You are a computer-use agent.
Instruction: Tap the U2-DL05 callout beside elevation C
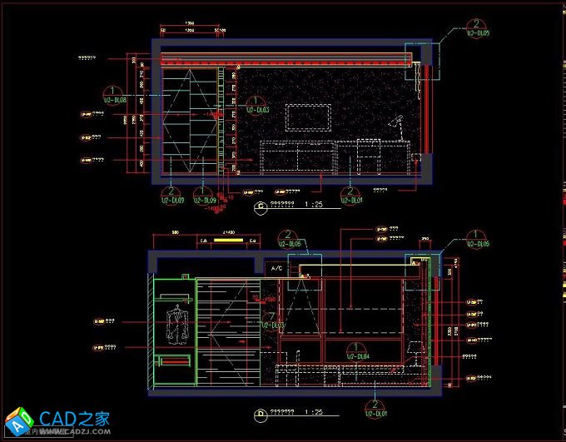(476, 27)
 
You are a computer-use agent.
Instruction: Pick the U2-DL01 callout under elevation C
(352, 193)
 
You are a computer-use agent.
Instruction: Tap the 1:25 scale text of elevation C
(314, 205)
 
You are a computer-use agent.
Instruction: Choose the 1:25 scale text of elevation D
(314, 411)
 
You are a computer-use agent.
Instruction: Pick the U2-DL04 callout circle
(351, 350)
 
